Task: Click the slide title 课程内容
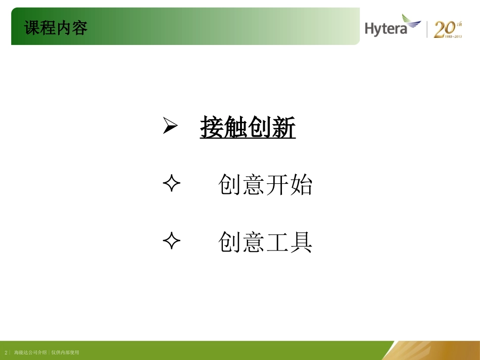56,28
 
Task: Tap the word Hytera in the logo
386,28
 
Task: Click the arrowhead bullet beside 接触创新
170,127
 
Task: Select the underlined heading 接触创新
248,128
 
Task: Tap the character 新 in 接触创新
283,128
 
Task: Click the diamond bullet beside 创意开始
172,185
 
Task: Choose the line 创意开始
265,185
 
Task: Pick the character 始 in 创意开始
301,185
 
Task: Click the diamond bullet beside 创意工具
172,242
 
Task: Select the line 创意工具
265,242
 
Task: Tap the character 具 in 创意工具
301,242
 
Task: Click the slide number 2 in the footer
6,352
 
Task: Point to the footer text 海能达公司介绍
31,352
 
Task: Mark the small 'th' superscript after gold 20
459,24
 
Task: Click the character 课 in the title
32,28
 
